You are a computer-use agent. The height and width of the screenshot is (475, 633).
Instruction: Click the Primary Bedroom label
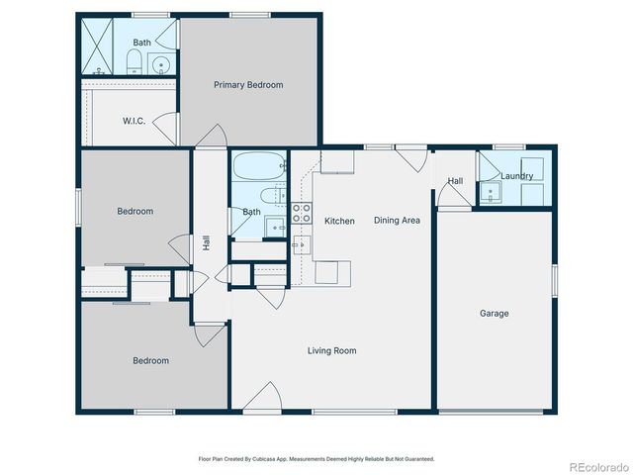[x=248, y=85]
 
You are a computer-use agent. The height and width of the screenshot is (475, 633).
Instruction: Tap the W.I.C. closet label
[x=135, y=121]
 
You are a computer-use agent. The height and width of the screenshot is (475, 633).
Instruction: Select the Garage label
[x=495, y=314]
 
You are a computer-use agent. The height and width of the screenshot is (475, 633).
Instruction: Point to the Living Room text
[x=331, y=350]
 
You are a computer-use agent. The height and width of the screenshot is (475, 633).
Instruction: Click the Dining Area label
[x=397, y=221]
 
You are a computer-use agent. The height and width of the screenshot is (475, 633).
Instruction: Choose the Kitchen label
[x=339, y=221]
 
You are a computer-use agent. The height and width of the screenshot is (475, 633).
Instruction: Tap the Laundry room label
[x=516, y=176]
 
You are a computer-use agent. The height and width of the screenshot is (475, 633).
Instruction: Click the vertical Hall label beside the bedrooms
[x=206, y=241]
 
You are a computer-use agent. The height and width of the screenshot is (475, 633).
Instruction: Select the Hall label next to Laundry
[x=455, y=181]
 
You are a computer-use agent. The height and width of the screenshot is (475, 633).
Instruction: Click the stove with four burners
[x=302, y=211]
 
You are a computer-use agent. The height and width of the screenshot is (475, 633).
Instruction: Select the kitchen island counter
[x=332, y=271]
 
